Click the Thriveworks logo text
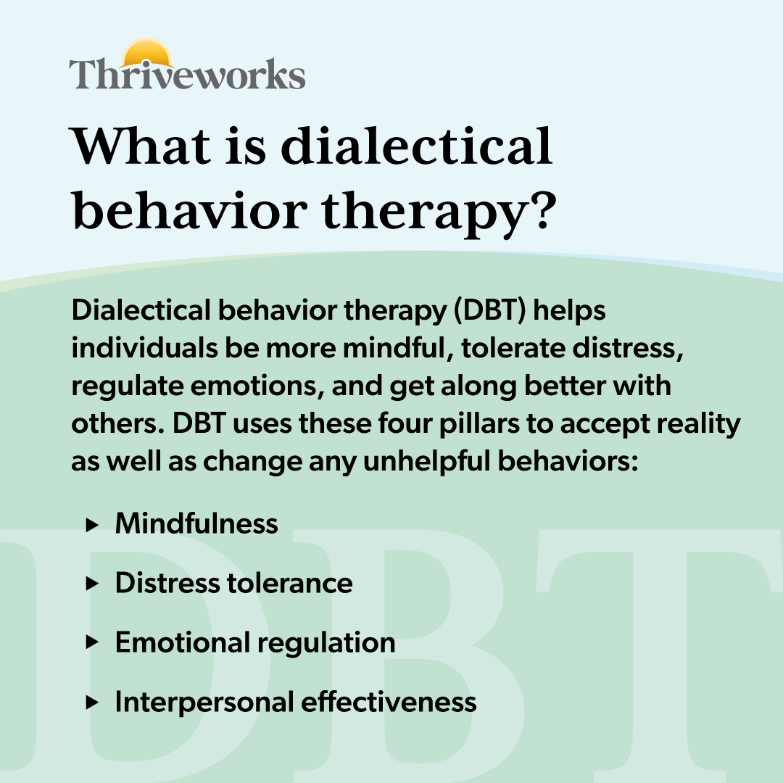pos(187,75)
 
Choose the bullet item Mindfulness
pos(196,523)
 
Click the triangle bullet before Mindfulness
pos(91,524)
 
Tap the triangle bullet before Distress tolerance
pos(91,584)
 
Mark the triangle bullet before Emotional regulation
pos(91,643)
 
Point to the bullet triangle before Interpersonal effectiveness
pos(91,703)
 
